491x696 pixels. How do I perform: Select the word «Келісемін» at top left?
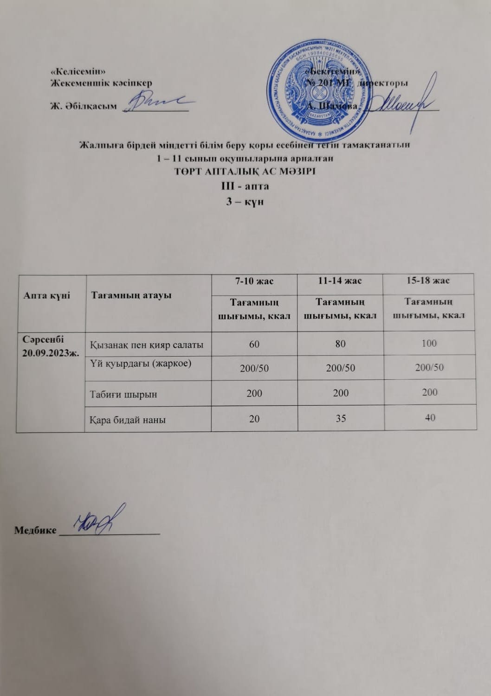click(x=78, y=72)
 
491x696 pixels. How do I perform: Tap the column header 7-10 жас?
click(x=254, y=281)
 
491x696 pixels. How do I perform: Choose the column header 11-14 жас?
click(x=340, y=281)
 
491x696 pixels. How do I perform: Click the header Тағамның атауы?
click(x=131, y=295)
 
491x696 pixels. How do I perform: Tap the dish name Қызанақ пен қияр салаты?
click(x=146, y=345)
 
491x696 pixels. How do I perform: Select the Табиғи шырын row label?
click(x=123, y=395)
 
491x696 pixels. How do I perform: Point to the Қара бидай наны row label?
click(x=128, y=420)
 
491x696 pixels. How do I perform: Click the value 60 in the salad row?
click(x=254, y=344)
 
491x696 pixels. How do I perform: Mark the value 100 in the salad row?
click(x=429, y=343)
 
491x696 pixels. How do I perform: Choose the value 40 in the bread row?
click(x=430, y=417)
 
